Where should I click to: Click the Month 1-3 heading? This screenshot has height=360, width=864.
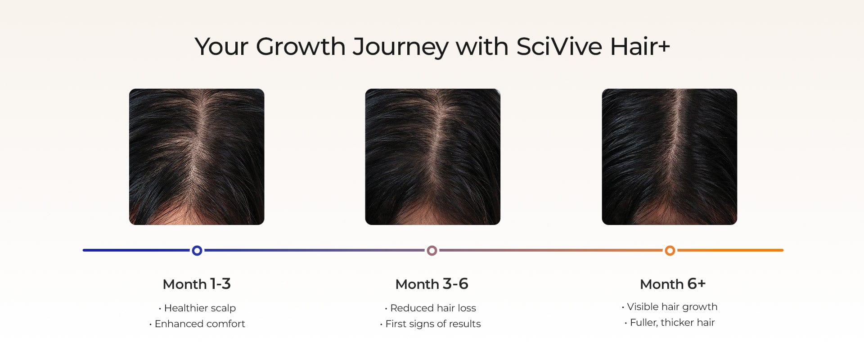pyautogui.click(x=197, y=284)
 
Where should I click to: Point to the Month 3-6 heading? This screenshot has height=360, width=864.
pyautogui.click(x=432, y=284)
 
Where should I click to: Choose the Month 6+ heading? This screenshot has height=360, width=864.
pyautogui.click(x=673, y=284)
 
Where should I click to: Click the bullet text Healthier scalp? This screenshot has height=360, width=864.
pyautogui.click(x=200, y=308)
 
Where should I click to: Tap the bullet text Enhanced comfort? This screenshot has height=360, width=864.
pyautogui.click(x=200, y=324)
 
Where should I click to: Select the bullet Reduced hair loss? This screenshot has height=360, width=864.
pyautogui.click(x=433, y=308)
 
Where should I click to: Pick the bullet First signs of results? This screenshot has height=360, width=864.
pyautogui.click(x=433, y=324)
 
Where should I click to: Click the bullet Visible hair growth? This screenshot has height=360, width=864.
pyautogui.click(x=672, y=306)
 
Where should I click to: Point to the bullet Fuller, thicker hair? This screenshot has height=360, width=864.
pyautogui.click(x=672, y=322)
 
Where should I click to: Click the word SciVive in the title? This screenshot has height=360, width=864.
pyautogui.click(x=559, y=46)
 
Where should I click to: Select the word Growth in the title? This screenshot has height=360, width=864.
pyautogui.click(x=301, y=46)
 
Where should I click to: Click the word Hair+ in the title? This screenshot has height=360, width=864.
pyautogui.click(x=640, y=46)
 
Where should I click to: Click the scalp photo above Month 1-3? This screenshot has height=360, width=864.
pyautogui.click(x=197, y=157)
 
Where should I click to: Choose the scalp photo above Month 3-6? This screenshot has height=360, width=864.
pyautogui.click(x=433, y=157)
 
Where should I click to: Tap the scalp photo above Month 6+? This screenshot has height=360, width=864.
pyautogui.click(x=670, y=157)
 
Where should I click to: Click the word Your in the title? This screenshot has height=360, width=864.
pyautogui.click(x=221, y=46)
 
